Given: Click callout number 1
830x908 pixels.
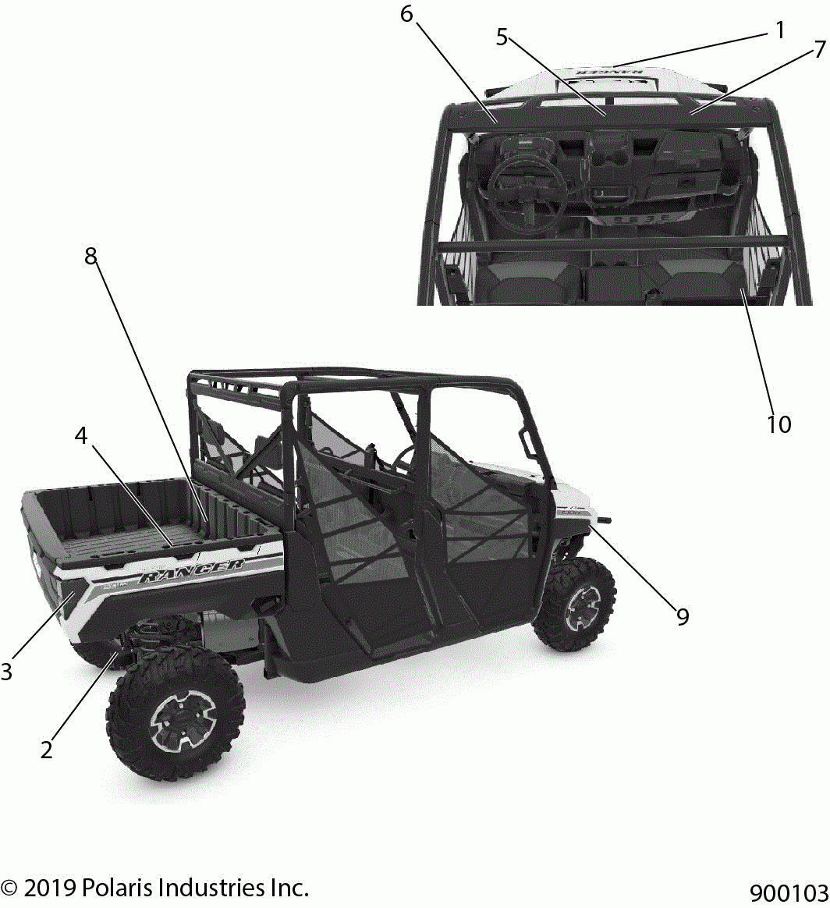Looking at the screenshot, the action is click(779, 30).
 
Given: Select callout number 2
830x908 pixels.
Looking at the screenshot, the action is click(47, 750).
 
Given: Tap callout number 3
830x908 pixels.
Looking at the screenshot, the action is click(6, 671).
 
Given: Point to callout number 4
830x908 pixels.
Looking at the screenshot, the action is click(81, 436).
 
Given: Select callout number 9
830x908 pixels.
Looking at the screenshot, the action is click(683, 616).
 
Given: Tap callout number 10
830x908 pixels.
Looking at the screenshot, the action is click(779, 424).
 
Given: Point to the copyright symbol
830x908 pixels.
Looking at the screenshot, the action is click(10, 888).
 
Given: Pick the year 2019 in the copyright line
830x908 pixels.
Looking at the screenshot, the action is click(49, 888).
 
